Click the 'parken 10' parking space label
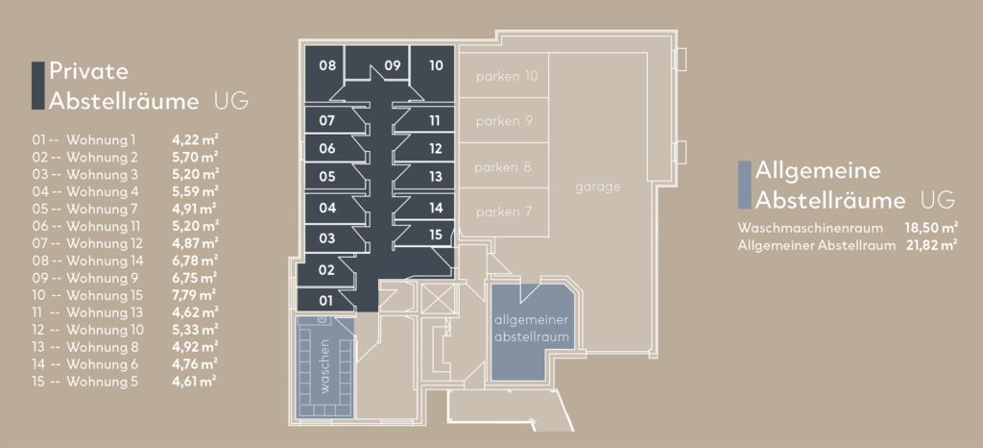[507, 77]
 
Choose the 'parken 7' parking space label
[504, 212]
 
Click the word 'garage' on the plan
[597, 187]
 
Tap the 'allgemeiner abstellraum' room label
[532, 329]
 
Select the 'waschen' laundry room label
[324, 366]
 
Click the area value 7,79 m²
[195, 295]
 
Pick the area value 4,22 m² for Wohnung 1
[195, 139]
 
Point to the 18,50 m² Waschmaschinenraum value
[931, 228]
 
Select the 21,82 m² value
[930, 245]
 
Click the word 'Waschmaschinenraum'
[811, 228]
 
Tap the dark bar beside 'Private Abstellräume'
[38, 86]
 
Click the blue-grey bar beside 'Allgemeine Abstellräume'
[745, 186]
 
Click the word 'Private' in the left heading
[89, 71]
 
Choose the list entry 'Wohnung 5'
[102, 382]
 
